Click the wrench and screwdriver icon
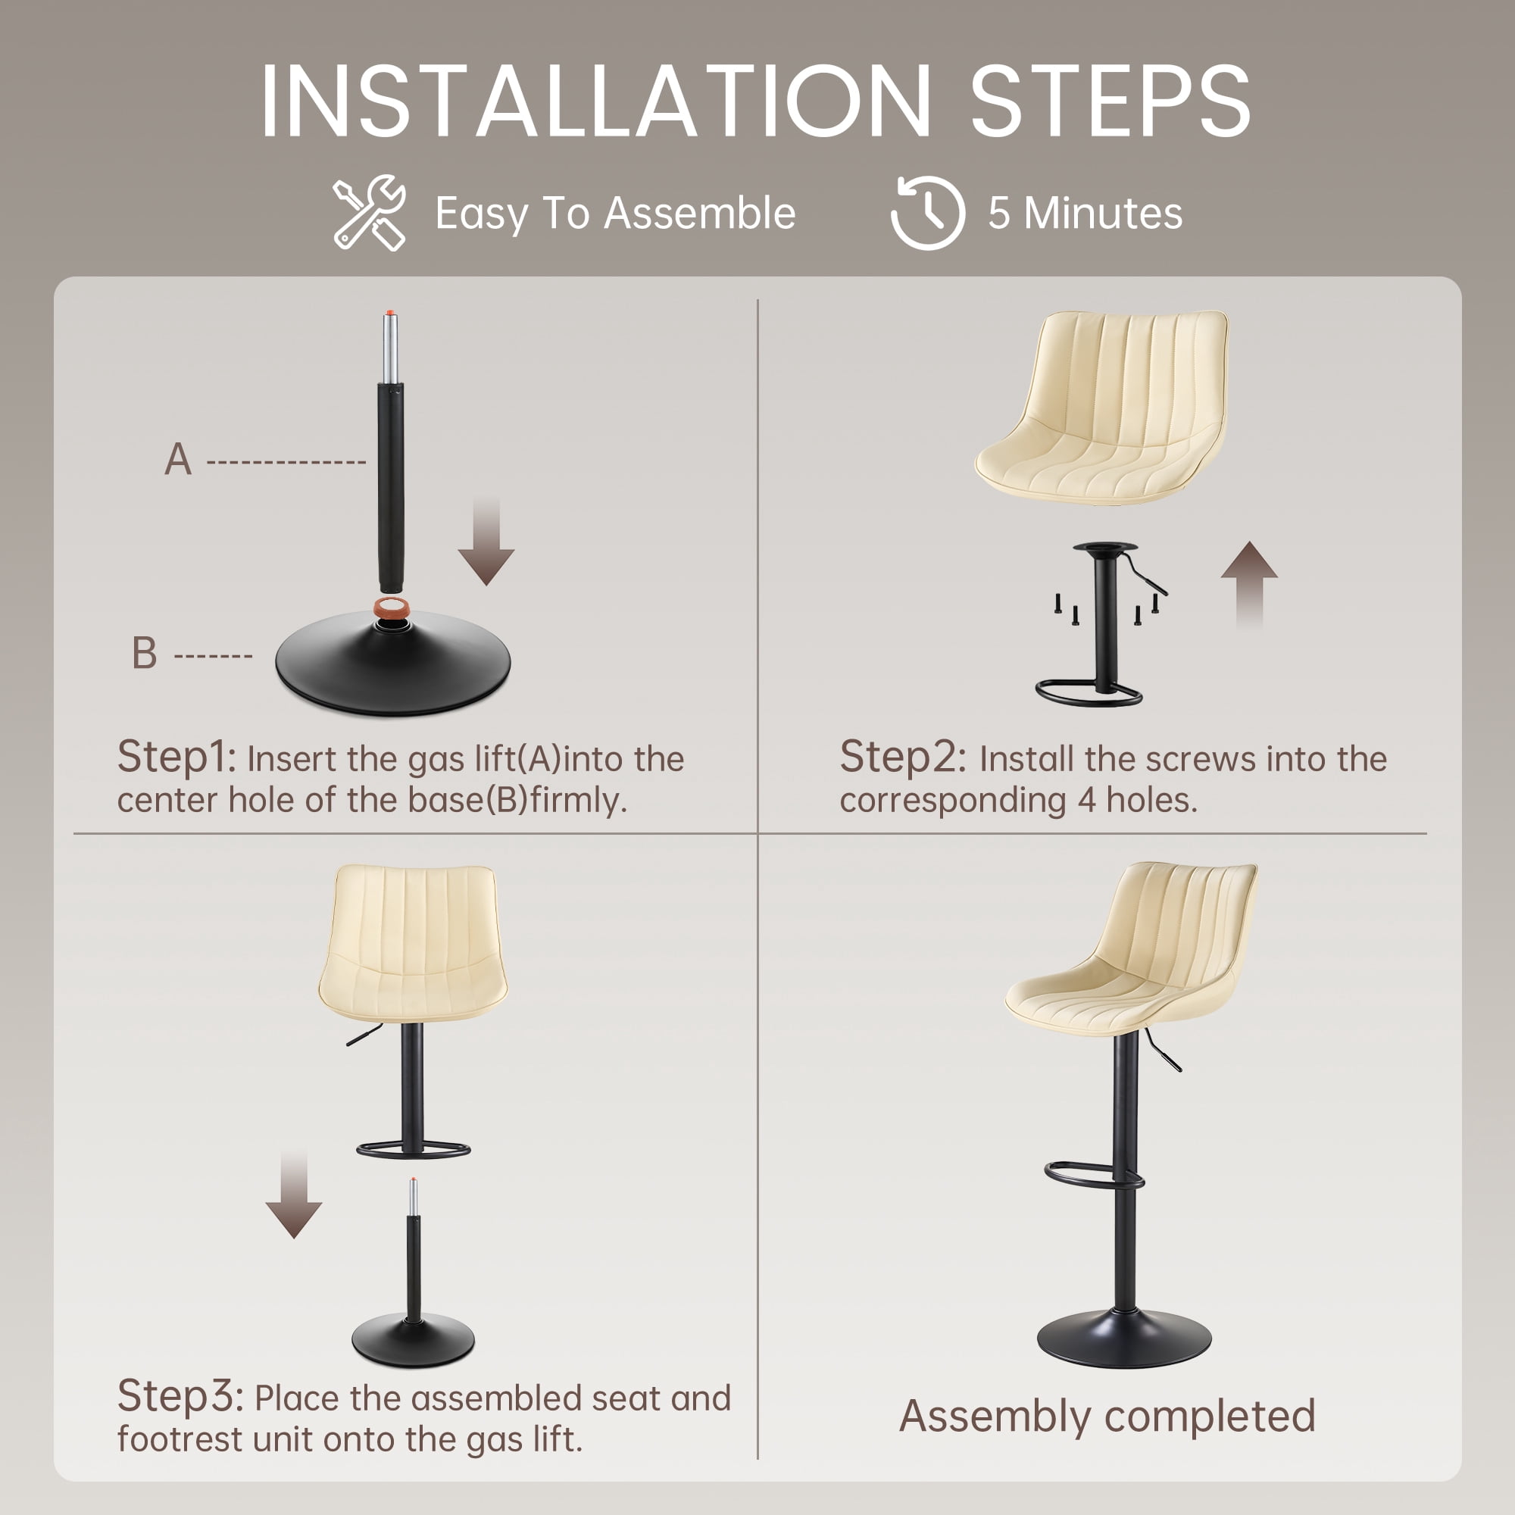(369, 213)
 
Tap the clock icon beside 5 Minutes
(928, 213)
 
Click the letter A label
(178, 460)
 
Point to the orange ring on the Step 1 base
(392, 608)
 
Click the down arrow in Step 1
(486, 541)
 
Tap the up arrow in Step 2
(1249, 584)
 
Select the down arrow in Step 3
(293, 1196)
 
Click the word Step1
(176, 757)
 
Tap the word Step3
(180, 1397)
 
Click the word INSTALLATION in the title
(596, 102)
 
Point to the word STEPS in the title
(1110, 102)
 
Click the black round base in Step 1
(393, 664)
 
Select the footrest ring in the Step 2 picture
(1089, 692)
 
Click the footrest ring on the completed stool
(1094, 1175)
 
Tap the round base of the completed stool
(1123, 1337)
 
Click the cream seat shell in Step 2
(1101, 406)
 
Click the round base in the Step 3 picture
(414, 1340)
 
